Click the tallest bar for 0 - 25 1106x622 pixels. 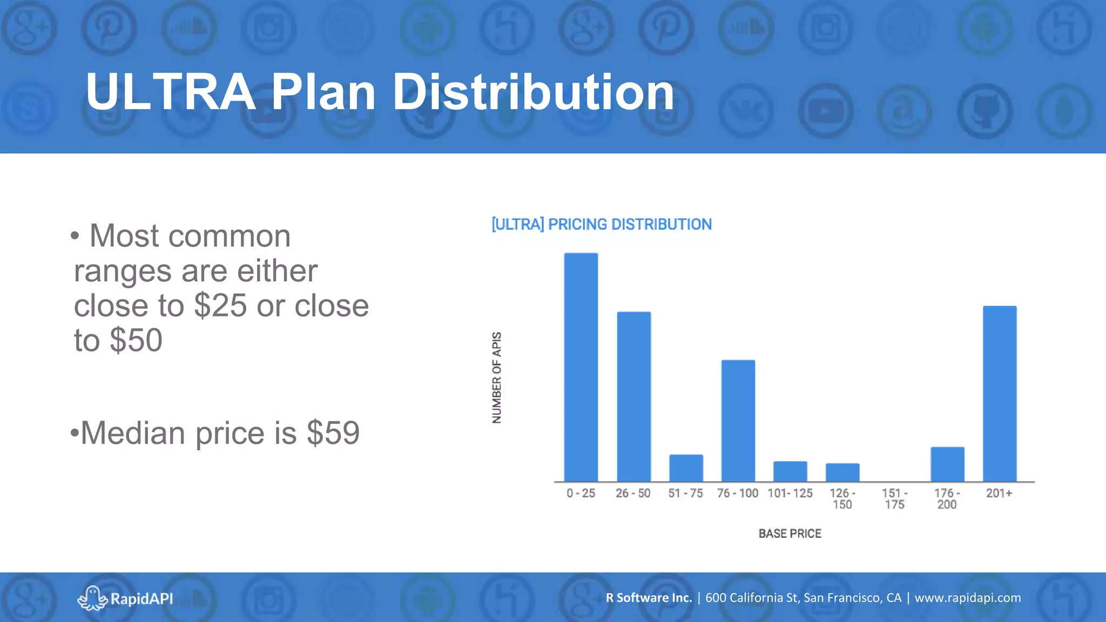pos(581,367)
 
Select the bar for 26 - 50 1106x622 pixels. pos(633,397)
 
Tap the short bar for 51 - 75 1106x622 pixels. pos(686,468)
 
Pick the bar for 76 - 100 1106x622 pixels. pos(738,421)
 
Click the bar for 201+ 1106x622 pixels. pos(1000,394)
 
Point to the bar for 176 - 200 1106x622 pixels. pos(947,464)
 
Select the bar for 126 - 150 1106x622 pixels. pos(842,472)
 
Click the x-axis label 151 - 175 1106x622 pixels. pos(894,499)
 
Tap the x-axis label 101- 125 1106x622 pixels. pos(790,493)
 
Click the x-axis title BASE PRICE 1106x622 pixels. pos(790,533)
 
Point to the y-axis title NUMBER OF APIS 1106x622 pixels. pos(497,377)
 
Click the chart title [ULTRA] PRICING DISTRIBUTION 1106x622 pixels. pos(602,225)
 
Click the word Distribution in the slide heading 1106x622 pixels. pos(533,93)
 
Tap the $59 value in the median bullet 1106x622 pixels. pos(333,433)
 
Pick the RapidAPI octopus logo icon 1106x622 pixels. pos(92,598)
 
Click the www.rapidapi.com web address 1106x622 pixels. pos(968,598)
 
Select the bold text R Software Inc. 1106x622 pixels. pos(649,598)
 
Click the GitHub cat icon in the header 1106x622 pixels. pos(985,111)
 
